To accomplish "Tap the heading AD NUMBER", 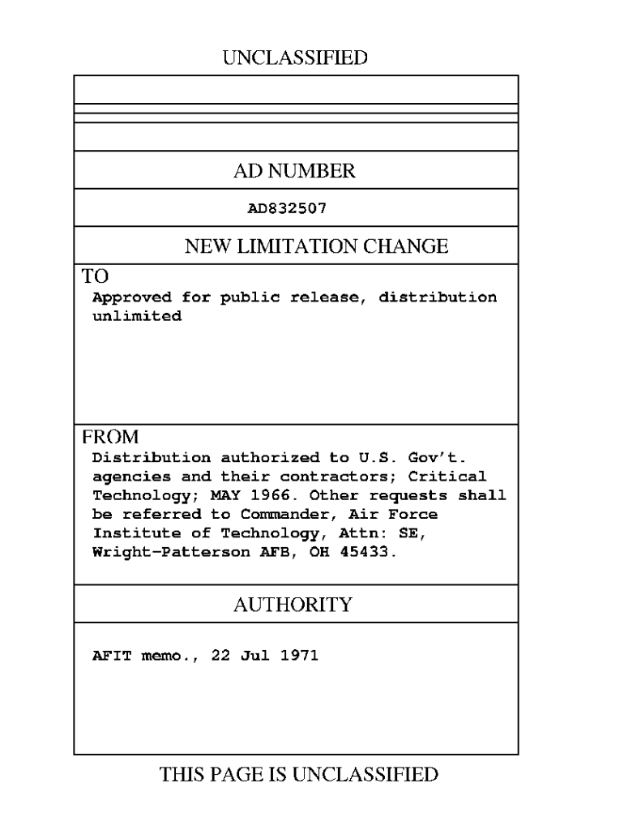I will pos(294,171).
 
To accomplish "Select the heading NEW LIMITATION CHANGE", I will pos(316,246).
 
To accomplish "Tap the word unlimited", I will pos(137,316).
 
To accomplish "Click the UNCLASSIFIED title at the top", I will pos(294,58).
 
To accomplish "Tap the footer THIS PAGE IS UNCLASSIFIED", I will pos(300,775).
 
